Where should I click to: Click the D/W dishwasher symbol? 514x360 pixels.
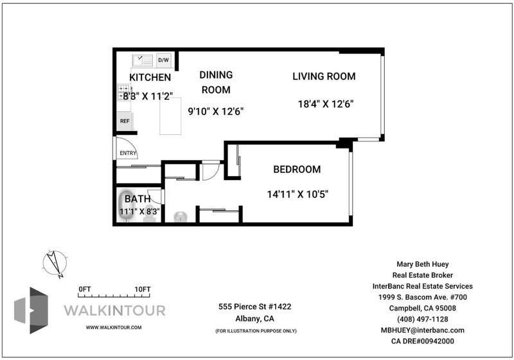(164, 60)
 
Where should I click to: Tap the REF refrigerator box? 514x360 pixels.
(125, 121)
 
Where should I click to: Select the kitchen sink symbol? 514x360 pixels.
(142, 60)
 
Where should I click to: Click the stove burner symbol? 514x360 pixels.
(124, 92)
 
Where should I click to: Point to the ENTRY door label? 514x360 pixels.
(128, 153)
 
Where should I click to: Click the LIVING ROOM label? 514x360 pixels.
(324, 76)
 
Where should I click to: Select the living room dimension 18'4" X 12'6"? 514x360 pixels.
(326, 104)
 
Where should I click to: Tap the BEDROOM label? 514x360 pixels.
(297, 169)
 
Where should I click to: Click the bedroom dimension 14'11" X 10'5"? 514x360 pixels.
(297, 194)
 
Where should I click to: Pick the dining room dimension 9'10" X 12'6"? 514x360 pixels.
(216, 111)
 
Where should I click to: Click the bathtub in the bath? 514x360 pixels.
(127, 205)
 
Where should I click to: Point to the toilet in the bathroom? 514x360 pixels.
(150, 213)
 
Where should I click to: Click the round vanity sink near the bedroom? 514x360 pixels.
(181, 217)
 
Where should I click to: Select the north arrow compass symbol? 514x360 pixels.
(55, 264)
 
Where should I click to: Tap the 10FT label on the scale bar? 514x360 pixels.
(143, 289)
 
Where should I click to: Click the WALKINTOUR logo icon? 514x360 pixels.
(31, 310)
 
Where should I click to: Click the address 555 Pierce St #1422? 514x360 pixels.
(254, 307)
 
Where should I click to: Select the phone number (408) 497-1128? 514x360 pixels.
(423, 319)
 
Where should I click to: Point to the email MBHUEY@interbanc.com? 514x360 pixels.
(423, 330)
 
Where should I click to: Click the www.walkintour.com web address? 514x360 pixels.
(114, 327)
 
